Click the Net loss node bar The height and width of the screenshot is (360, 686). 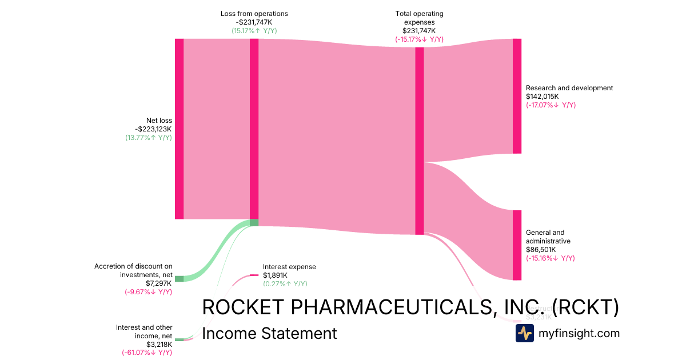179,129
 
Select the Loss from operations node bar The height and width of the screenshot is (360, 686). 254,129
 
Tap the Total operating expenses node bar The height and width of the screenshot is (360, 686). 419,141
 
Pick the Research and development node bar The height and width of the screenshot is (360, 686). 517,96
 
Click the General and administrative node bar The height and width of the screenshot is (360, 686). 517,245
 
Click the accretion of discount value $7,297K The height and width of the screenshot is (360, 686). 159,283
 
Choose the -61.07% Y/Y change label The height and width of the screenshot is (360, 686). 147,353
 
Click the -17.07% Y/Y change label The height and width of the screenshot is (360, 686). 551,105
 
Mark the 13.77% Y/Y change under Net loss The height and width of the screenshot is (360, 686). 149,138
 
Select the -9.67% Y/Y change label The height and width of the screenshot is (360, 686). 148,292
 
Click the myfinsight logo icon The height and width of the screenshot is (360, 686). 524,333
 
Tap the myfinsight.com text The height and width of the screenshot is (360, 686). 579,333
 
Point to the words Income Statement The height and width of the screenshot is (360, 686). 269,333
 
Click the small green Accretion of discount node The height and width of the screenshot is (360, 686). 179,278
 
